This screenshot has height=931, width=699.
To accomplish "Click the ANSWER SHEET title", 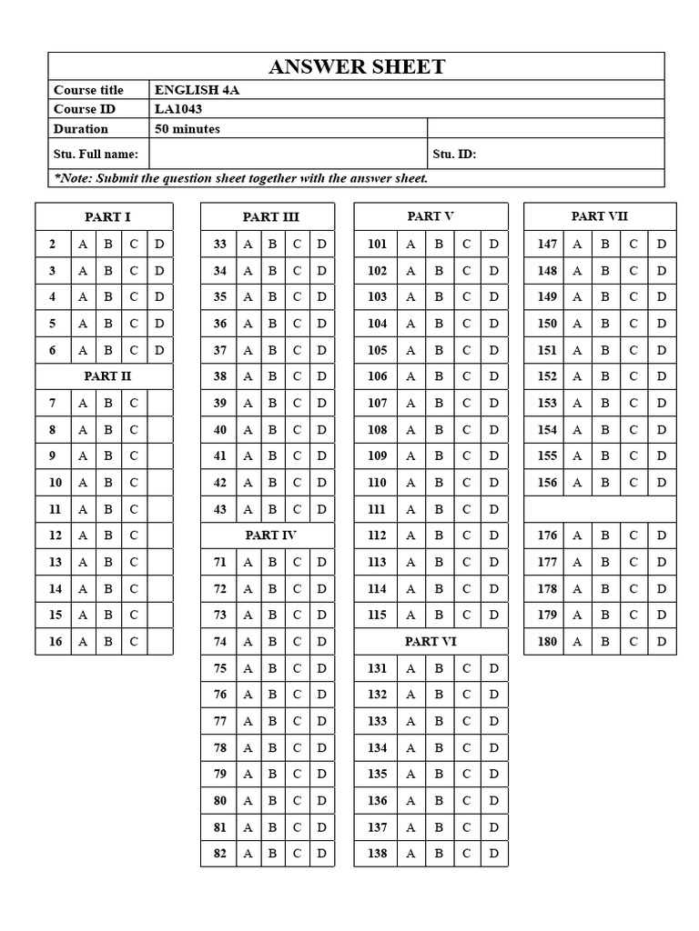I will click(x=357, y=66).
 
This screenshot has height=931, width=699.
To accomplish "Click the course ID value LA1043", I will click(x=178, y=109).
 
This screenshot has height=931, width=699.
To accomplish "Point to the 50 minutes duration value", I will click(x=187, y=129).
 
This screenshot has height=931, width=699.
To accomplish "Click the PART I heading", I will click(x=107, y=216).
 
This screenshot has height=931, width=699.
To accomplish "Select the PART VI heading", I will click(x=431, y=641).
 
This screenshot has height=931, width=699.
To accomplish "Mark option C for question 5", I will click(x=134, y=323).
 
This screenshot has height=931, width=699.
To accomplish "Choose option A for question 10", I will click(x=83, y=483).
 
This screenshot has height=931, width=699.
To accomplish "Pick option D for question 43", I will click(x=321, y=509).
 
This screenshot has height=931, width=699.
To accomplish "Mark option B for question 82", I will click(x=271, y=854).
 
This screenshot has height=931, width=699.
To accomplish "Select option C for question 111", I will click(x=466, y=509).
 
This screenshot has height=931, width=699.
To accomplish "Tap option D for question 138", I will click(x=493, y=854).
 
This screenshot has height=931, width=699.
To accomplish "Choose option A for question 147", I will click(x=576, y=244).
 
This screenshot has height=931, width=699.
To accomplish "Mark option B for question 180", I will click(x=604, y=641).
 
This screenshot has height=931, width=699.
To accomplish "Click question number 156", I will click(x=547, y=483).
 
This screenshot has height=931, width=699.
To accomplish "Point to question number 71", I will click(x=219, y=562).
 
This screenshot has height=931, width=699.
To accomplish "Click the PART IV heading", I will click(x=270, y=536).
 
